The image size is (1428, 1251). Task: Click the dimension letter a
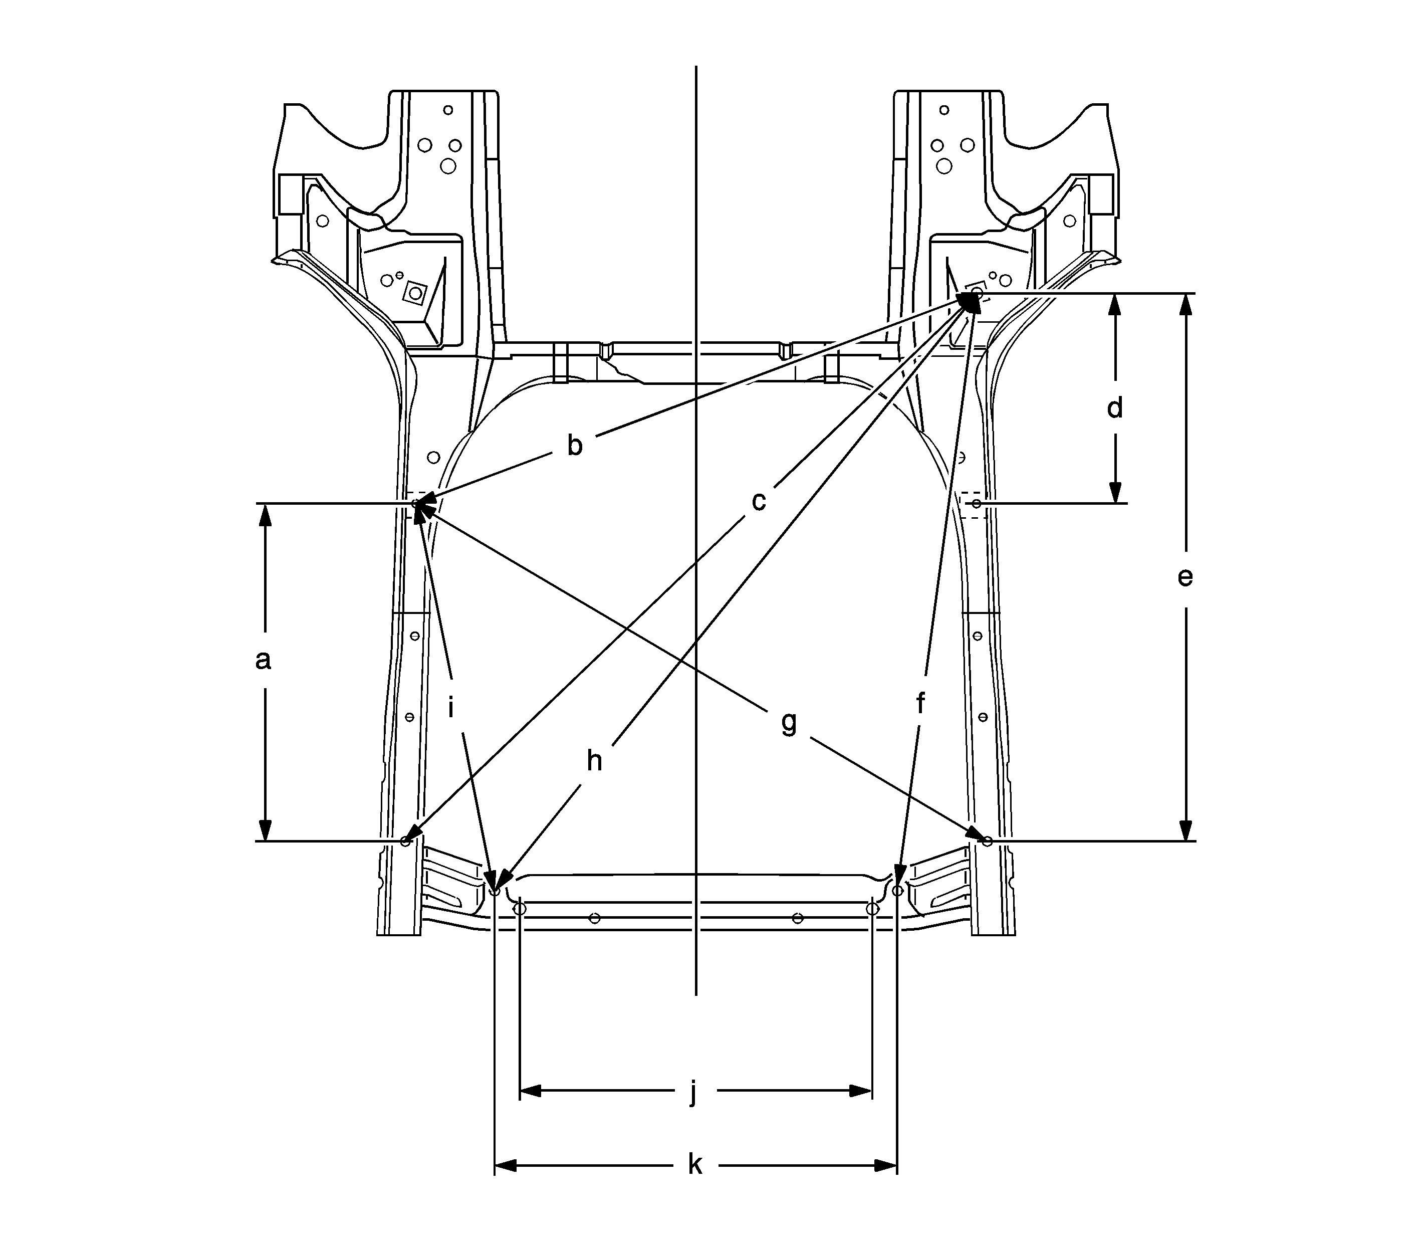(263, 660)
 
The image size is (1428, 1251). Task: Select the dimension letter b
(574, 445)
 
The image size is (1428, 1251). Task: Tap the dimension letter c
(759, 501)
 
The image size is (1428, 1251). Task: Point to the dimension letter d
(1115, 407)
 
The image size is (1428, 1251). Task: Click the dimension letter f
(920, 704)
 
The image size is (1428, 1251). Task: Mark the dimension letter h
(594, 760)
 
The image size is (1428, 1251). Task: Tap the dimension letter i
(451, 708)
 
